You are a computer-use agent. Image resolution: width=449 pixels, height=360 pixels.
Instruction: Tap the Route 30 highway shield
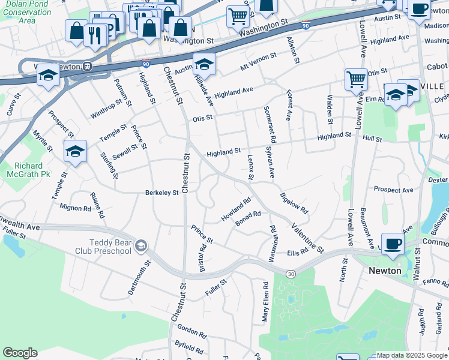tap(290, 274)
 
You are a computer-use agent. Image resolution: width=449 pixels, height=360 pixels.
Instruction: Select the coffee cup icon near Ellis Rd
tap(393, 244)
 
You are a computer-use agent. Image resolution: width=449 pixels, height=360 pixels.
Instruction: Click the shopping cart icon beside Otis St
tap(356, 79)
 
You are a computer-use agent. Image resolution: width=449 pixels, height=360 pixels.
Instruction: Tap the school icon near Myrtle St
tap(75, 152)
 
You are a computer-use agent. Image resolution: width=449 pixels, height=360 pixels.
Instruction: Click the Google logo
tap(20, 353)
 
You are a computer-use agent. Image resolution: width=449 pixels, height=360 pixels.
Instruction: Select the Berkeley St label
tap(161, 193)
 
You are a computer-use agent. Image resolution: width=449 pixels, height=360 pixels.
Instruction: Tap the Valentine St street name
tap(308, 237)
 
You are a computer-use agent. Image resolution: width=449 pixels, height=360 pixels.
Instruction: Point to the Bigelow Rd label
tap(294, 203)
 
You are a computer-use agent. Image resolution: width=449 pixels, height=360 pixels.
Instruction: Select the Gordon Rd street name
tap(191, 333)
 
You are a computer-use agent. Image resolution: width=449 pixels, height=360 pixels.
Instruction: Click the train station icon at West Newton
tap(87, 67)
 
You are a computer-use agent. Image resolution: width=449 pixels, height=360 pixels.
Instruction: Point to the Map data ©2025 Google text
tap(412, 355)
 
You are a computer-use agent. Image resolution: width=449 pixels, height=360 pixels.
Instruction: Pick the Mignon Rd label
tap(75, 208)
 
